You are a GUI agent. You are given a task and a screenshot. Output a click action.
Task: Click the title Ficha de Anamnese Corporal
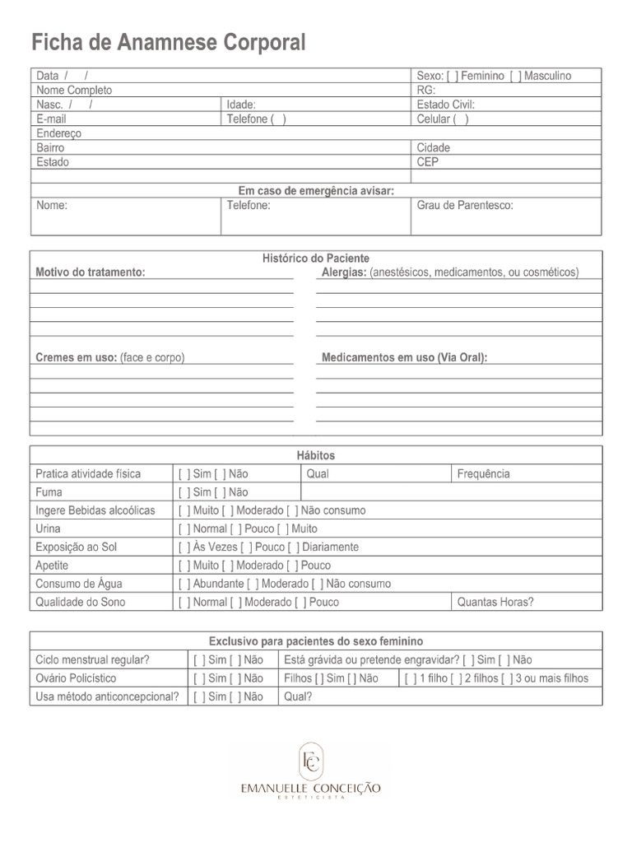click(168, 42)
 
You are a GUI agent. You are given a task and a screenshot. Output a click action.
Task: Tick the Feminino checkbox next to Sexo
click(453, 76)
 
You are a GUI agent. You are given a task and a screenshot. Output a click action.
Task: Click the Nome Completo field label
click(74, 91)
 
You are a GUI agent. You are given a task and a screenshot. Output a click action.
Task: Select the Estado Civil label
click(445, 105)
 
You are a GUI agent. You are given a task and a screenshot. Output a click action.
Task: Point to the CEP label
click(428, 162)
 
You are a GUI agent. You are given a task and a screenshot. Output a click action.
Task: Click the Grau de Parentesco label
click(464, 205)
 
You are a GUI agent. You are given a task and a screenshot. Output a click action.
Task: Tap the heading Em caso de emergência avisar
click(316, 191)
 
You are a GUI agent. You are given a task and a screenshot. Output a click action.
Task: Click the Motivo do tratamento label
click(91, 272)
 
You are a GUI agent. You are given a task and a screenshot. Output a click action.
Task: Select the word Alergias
click(343, 272)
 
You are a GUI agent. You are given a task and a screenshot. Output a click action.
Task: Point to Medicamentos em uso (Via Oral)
click(404, 358)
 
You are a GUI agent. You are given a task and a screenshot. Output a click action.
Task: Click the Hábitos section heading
click(316, 455)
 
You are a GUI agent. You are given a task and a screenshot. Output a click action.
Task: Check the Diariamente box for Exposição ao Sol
click(295, 547)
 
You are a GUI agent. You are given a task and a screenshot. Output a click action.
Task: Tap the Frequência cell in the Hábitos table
click(483, 474)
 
